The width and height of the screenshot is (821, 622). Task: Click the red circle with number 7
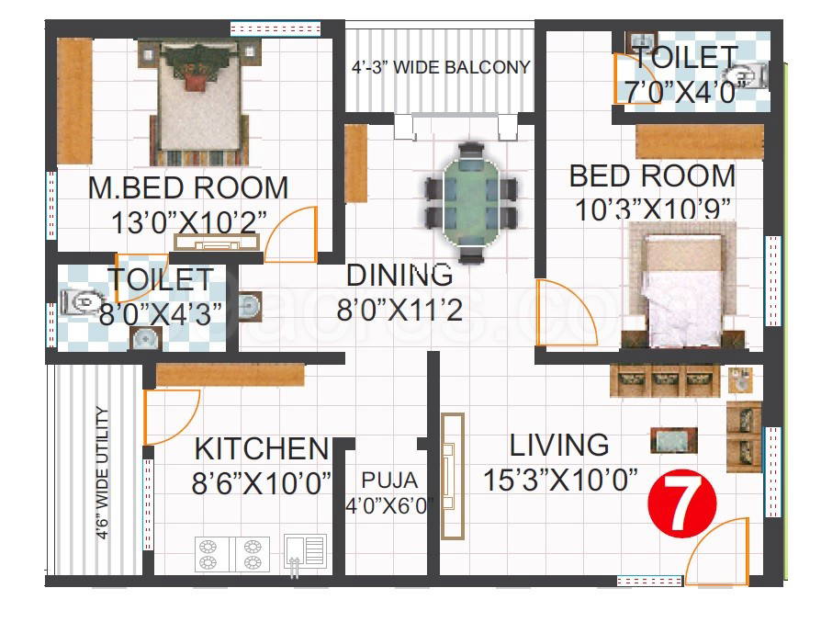[x=681, y=503]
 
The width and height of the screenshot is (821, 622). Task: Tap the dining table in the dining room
[x=471, y=202]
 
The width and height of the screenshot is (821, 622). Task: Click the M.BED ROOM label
[x=188, y=187]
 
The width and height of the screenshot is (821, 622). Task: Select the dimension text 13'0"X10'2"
[x=189, y=222]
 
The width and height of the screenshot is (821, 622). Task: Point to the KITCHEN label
[x=262, y=448]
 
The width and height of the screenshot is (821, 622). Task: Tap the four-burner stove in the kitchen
[x=232, y=554]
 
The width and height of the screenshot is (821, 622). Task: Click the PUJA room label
[x=389, y=480]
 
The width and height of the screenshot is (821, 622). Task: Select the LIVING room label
[x=559, y=445]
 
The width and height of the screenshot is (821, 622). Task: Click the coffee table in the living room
[x=674, y=440]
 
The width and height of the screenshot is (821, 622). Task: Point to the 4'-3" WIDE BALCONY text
[x=441, y=68]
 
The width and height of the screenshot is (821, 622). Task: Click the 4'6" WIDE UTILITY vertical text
[x=103, y=472]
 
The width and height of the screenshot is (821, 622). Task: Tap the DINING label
[x=399, y=275]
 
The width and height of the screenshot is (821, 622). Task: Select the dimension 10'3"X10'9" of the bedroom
[x=652, y=209]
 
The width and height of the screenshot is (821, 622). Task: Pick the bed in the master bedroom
[x=199, y=104]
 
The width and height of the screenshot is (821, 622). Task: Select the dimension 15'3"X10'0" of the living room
[x=559, y=480]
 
